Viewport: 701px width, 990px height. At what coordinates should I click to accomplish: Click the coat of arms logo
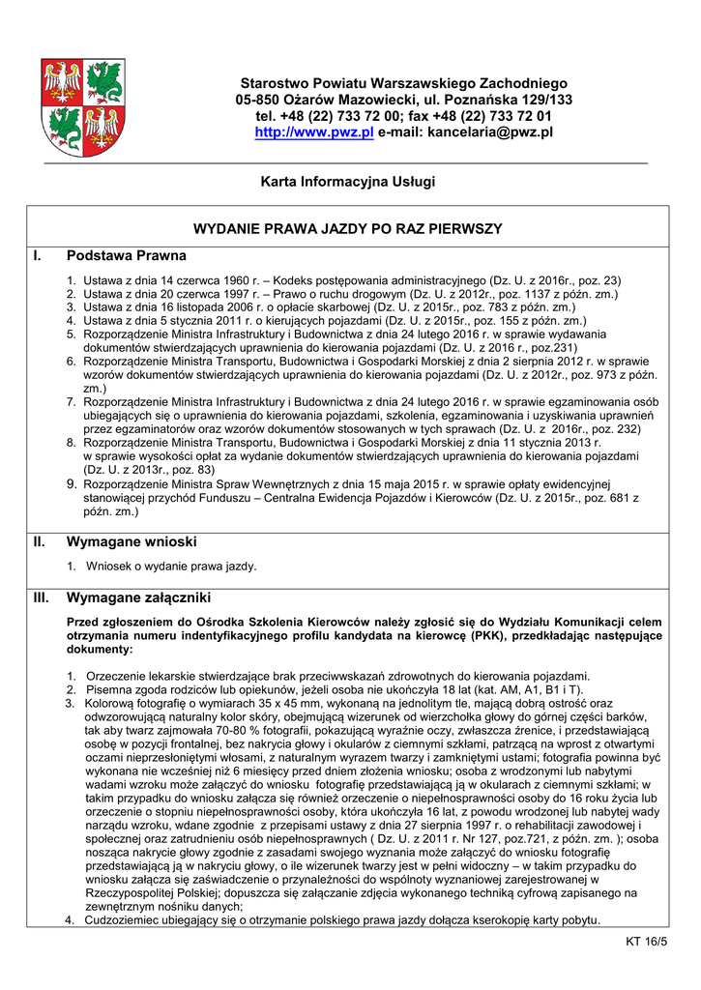(82, 107)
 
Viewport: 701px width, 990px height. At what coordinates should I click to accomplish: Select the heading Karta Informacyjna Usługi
(348, 182)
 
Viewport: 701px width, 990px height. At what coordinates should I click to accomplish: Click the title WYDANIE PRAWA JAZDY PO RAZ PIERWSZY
(348, 229)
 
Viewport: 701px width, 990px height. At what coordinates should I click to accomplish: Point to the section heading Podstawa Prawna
(126, 257)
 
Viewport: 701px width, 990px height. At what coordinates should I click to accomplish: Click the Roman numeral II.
(40, 542)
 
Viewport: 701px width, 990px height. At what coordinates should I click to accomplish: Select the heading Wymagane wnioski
(131, 542)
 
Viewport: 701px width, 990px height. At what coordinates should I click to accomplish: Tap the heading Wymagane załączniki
(138, 597)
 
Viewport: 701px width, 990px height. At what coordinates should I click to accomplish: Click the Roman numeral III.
(42, 597)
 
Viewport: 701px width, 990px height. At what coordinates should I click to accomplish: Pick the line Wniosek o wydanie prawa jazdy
(171, 566)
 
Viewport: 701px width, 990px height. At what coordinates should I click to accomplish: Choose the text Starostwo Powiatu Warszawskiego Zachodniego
(403, 83)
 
